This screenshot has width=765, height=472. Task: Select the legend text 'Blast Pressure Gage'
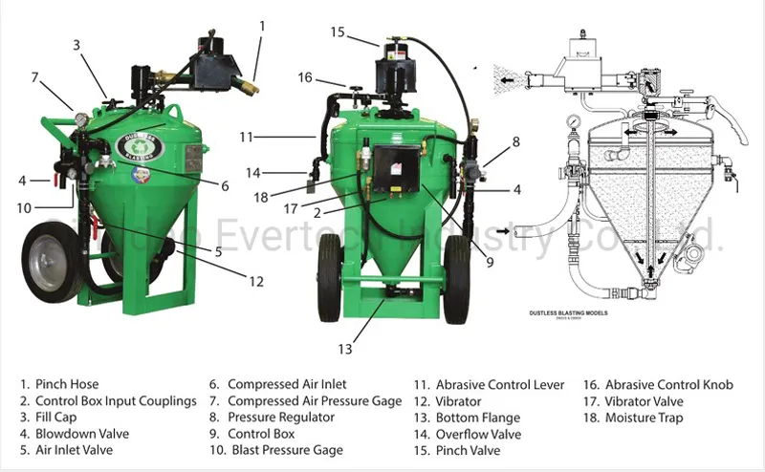coord(273,450)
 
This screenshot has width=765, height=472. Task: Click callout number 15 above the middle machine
coord(337,32)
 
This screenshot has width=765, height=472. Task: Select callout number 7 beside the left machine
coord(34,76)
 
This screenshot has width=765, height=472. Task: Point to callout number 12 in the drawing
coord(254,282)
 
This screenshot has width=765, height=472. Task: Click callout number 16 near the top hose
coord(305,77)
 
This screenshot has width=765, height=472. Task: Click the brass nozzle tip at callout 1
coord(250,89)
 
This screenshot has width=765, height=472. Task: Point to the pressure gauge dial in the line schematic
coord(572,124)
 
